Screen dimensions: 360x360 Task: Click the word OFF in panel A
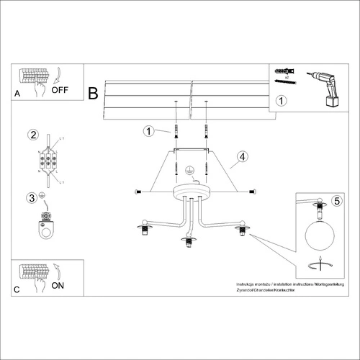click(61, 90)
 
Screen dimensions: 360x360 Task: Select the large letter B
click(93, 93)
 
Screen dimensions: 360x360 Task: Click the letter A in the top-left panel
click(18, 94)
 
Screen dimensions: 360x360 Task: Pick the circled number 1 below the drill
click(282, 102)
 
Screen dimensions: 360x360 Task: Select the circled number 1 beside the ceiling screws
click(148, 131)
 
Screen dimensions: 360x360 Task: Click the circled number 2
click(32, 135)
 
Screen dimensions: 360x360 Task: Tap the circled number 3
click(31, 197)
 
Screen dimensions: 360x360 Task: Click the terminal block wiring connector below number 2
click(49, 163)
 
